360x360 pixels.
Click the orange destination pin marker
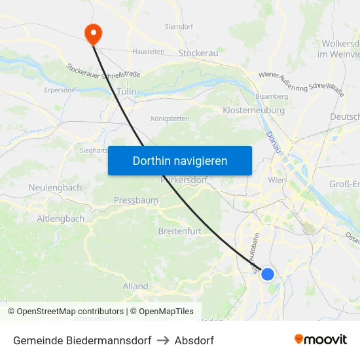pos(93,33)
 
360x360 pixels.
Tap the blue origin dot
pos(268,274)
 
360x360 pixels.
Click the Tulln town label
pos(126,92)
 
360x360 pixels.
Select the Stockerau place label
pos(198,52)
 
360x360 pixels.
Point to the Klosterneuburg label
pos(253,111)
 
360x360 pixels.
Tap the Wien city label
pos(278,180)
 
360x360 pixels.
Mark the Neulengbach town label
pos(55,187)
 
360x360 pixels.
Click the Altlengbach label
pos(60,219)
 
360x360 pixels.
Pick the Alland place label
pos(135,286)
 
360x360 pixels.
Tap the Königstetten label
pos(170,118)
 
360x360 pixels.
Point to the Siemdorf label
pos(179,27)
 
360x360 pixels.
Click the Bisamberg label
pos(272,96)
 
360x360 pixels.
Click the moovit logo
pos(321,340)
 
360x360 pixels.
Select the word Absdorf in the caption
pos(194,340)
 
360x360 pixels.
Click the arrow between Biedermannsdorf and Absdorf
pos(163,340)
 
